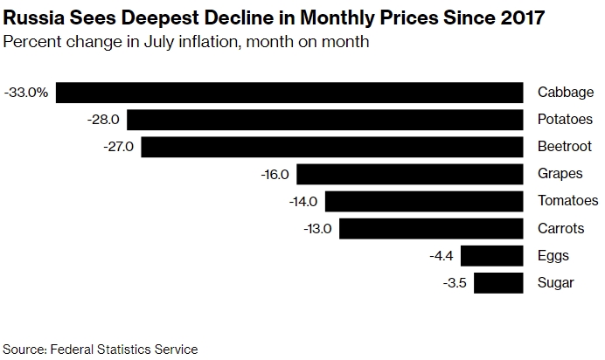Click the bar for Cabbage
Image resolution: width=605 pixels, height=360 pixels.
tap(289, 93)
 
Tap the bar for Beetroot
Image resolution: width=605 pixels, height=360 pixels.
tap(332, 147)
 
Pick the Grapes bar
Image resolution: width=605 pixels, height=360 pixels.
tap(410, 174)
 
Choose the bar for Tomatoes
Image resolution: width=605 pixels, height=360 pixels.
tap(424, 201)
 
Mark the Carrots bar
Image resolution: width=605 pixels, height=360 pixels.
tap(431, 228)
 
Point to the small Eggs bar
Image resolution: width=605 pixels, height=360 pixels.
tap(491, 255)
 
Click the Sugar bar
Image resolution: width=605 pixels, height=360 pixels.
tap(498, 282)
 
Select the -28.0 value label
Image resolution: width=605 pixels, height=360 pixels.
tap(105, 120)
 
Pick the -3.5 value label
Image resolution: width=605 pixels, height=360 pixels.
tap(455, 282)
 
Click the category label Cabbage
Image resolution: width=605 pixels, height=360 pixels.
tap(566, 93)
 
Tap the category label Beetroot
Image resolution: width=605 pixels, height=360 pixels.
tap(565, 147)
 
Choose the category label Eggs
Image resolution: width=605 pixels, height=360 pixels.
tap(553, 255)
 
